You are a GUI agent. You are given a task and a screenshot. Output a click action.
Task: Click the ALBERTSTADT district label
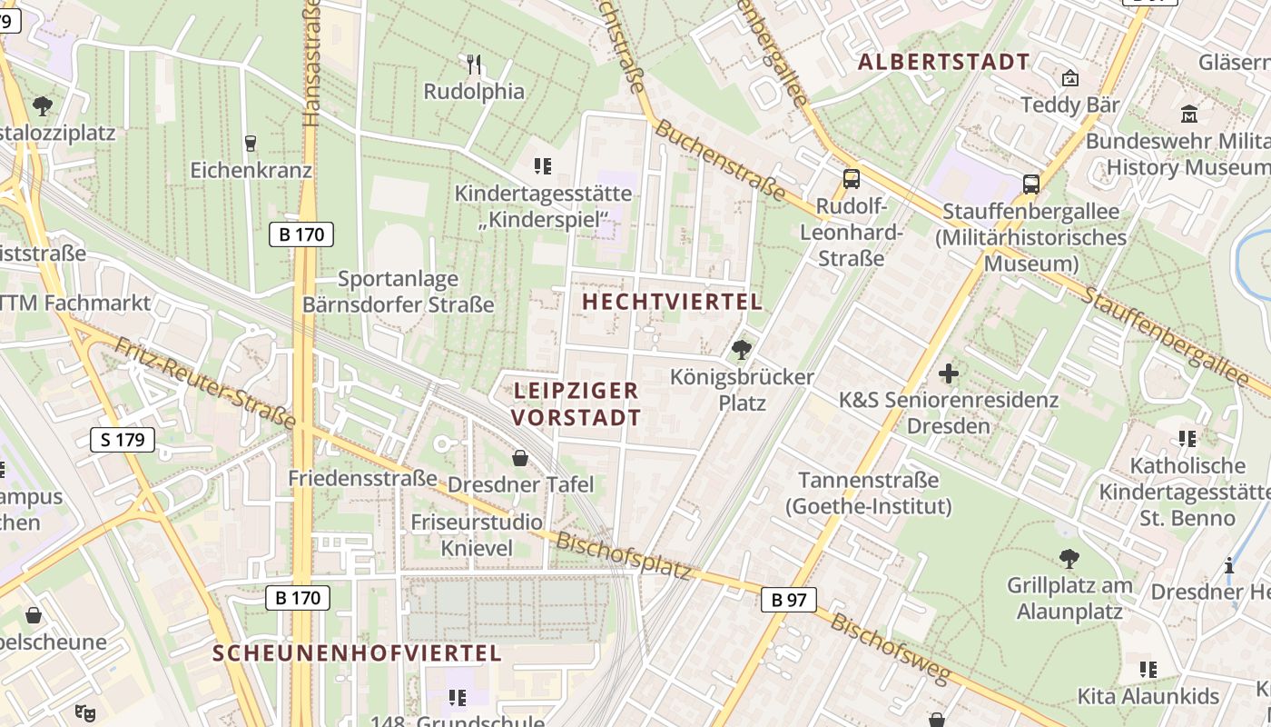click(x=943, y=62)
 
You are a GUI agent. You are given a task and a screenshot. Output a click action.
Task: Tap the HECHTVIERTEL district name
click(x=672, y=302)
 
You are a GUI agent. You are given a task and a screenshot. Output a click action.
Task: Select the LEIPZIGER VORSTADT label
click(x=576, y=404)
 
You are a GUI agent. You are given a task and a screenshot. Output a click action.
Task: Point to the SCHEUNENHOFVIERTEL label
click(x=357, y=652)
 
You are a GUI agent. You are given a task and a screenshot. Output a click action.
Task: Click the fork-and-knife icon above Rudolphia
click(x=474, y=64)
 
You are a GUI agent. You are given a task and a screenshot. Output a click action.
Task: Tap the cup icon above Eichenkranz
click(x=251, y=143)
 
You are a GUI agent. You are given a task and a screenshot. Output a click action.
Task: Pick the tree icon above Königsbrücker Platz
click(x=742, y=349)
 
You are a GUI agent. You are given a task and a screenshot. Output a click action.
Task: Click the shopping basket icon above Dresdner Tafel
click(x=520, y=457)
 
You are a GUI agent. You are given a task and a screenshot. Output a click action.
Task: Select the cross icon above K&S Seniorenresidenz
click(x=949, y=373)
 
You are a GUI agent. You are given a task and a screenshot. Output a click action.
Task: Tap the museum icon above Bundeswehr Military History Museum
click(x=1189, y=114)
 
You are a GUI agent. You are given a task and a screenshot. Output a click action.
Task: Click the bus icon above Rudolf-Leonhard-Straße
click(x=851, y=179)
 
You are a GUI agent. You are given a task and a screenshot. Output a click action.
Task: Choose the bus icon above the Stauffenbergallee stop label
click(x=1031, y=184)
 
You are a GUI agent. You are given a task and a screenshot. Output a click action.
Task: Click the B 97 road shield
click(x=789, y=600)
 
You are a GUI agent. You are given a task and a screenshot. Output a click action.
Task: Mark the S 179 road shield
click(x=123, y=441)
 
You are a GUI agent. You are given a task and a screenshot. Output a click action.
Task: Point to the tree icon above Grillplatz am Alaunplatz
click(x=1069, y=558)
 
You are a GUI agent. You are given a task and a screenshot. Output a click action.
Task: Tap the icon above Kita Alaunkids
click(x=1148, y=670)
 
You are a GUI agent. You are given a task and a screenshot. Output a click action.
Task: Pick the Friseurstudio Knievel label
click(x=477, y=535)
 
